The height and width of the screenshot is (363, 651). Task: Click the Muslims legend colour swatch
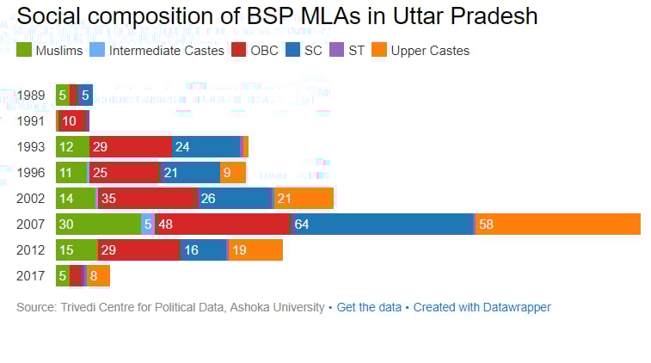pos(24,51)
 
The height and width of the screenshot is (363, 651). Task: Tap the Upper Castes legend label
pos(430,51)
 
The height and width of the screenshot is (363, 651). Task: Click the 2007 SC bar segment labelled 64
pos(383,225)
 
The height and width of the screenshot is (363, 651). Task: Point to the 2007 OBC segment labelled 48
pos(223,225)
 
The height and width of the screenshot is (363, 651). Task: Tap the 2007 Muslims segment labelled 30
pos(98,225)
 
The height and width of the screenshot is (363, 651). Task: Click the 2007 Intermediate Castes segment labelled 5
pos(148,225)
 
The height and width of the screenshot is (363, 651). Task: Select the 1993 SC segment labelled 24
pos(206,147)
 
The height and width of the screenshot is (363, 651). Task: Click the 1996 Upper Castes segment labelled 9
pos(233,173)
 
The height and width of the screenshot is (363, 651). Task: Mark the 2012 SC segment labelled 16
pos(203,250)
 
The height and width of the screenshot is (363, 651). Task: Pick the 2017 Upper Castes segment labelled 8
pos(98,276)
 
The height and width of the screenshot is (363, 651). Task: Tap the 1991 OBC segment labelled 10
pos(71,121)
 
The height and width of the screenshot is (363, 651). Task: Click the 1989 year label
pos(31,95)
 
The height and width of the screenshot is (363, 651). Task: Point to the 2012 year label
pos(31,250)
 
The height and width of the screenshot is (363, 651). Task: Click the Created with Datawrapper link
pos(482,307)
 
